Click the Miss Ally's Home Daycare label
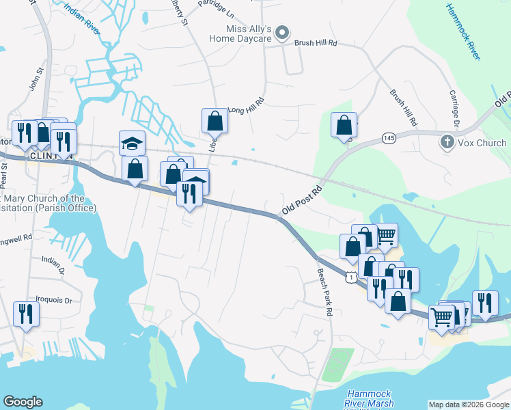pos(250,34)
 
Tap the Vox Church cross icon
pos(446,142)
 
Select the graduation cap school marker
pos(132,143)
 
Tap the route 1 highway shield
pos(350,277)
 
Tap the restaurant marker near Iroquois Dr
pos(26,314)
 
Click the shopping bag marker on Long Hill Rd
pos(215,121)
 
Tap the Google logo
pos(23,402)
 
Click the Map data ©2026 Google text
pos(468,405)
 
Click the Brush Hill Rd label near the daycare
pos(316,42)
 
